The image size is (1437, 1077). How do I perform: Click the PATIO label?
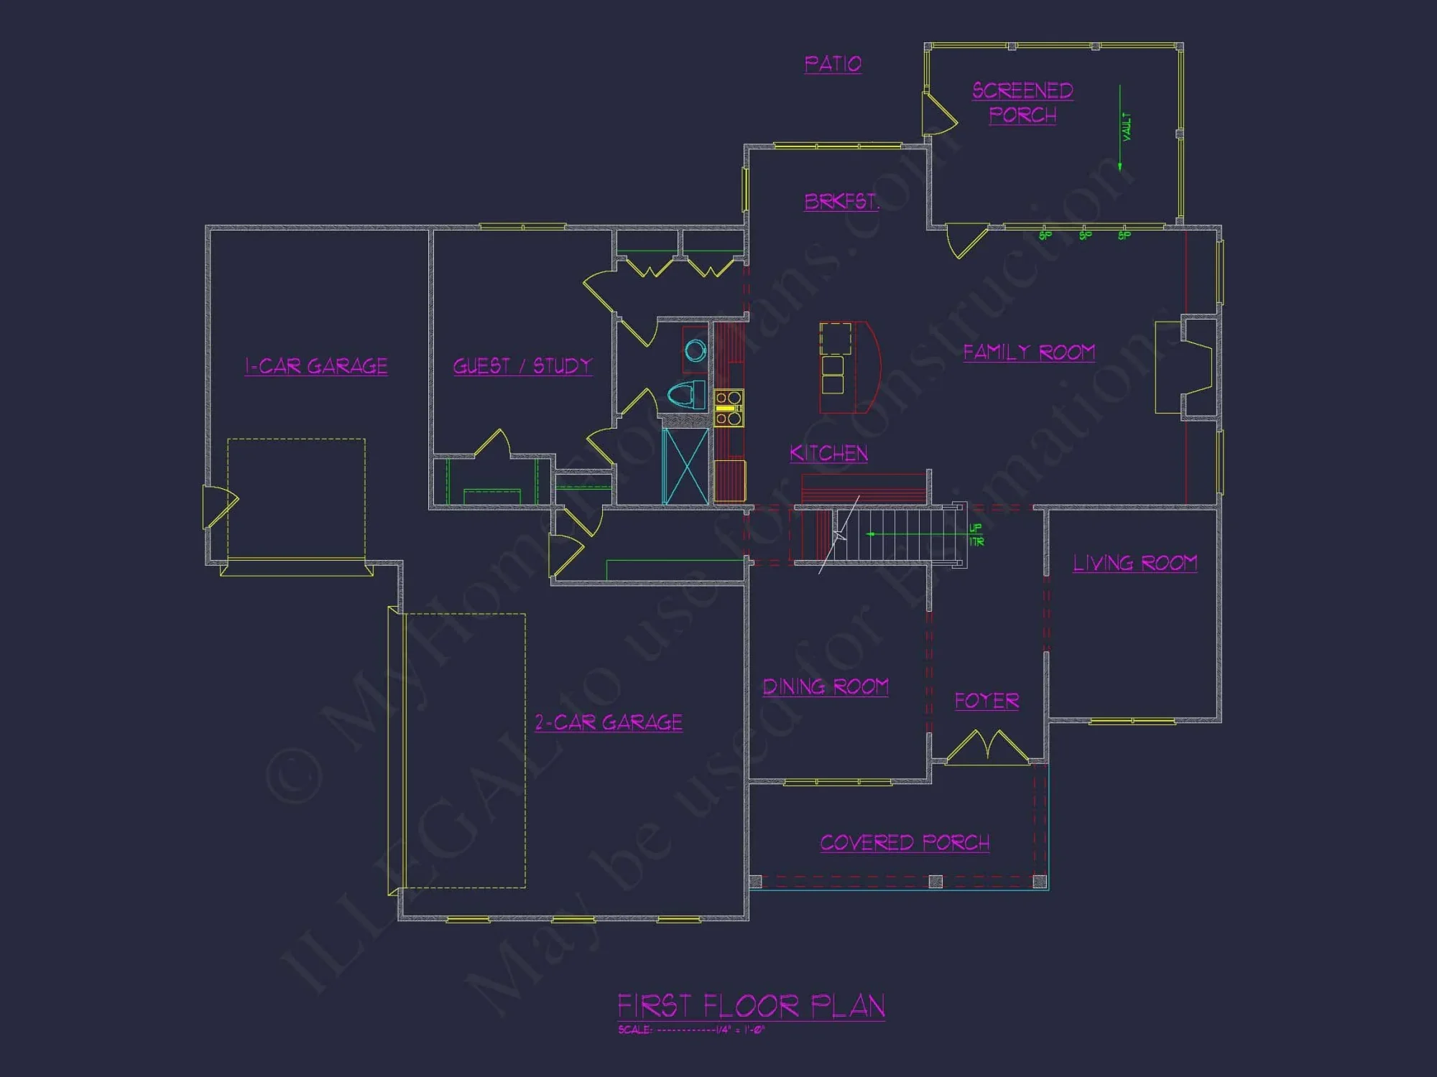[x=833, y=64]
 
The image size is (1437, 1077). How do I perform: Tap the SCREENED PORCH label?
[x=1022, y=103]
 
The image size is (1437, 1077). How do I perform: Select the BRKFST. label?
[x=841, y=201]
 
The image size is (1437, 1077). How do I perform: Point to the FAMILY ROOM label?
[x=1029, y=352]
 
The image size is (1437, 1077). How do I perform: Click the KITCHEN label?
[x=828, y=453]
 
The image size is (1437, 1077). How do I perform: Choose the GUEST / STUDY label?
[x=522, y=365]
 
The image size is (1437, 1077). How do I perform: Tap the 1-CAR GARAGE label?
[x=316, y=366]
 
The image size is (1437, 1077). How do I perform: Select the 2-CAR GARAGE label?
[x=609, y=722]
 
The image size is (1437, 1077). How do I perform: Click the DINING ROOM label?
[x=826, y=686]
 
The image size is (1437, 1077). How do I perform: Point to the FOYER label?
[x=987, y=700]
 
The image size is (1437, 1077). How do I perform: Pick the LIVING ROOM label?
[x=1135, y=563]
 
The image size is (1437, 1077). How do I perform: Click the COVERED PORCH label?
[x=905, y=842]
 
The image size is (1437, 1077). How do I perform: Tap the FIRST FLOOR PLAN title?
[x=751, y=1006]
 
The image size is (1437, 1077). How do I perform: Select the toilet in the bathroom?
[x=686, y=394]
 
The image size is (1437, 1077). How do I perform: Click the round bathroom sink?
[x=695, y=351]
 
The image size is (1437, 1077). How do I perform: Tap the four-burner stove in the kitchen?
[x=728, y=408]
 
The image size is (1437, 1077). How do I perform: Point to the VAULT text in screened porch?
[x=1126, y=126]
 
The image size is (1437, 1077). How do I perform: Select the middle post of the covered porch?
[x=935, y=881]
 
